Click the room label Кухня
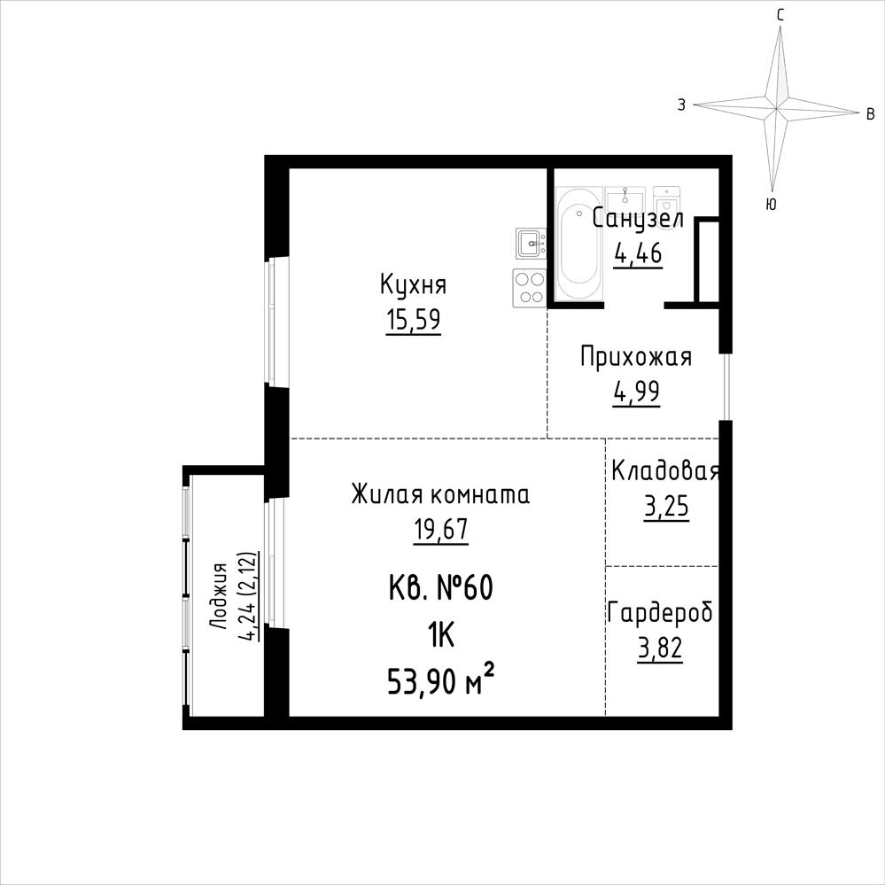(413, 285)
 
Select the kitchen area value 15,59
(414, 320)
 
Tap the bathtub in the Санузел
(578, 244)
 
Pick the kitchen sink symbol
(531, 244)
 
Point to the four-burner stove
(530, 288)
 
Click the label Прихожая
(636, 357)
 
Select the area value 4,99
(637, 392)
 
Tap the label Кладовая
(665, 471)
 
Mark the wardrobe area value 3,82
(660, 648)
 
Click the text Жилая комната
(441, 495)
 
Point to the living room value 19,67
(441, 530)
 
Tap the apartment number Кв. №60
(441, 588)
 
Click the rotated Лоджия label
(218, 596)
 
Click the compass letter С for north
(780, 16)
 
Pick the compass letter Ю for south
(771, 205)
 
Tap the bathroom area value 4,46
(638, 254)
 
